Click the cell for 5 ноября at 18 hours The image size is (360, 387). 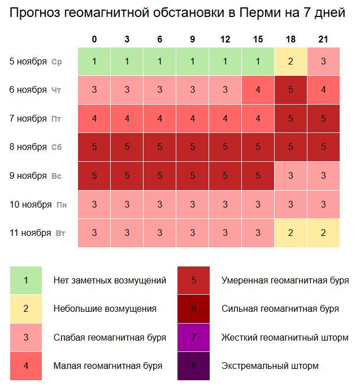pos(290,62)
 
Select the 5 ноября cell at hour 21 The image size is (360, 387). pos(323,62)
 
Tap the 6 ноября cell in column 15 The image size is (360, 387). pos(258,90)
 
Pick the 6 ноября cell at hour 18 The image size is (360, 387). pos(290,90)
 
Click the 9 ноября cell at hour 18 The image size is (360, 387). pos(290,176)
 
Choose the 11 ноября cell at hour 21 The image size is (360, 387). pos(323,233)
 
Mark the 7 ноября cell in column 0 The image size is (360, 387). pos(94,119)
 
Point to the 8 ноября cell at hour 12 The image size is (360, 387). pos(225,147)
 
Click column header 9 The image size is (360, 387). pos(193,39)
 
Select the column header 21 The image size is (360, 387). pos(323,39)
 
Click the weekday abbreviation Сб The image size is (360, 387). pos(57,148)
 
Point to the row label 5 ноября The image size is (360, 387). pos(28,62)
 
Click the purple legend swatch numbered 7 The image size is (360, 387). pos(194,337)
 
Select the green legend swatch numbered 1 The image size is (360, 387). pos(26,280)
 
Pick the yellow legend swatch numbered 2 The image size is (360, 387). pos(26,309)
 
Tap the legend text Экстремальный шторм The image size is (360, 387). pos(270,366)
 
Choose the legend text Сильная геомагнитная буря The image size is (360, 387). pos(280,309)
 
